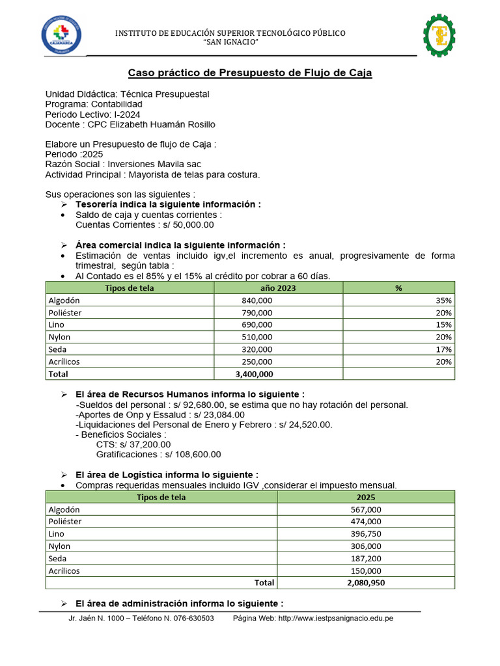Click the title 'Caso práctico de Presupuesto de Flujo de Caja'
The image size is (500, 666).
tap(249, 73)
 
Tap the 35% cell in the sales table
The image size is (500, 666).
tap(445, 300)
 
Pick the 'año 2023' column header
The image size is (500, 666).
tap(258, 288)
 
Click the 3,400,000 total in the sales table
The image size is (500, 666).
tap(253, 374)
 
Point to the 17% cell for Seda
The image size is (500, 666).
tap(445, 349)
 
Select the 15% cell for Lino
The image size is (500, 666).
tap(445, 325)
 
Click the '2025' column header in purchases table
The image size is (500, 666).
tap(365, 498)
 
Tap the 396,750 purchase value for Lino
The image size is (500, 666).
tap(365, 534)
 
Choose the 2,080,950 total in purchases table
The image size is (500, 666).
tap(365, 583)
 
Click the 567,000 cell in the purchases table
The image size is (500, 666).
tap(365, 510)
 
